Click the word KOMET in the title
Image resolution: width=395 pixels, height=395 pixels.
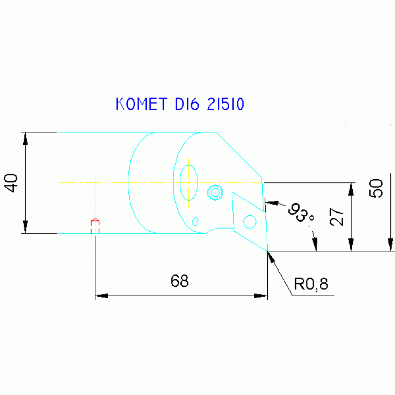click(141, 104)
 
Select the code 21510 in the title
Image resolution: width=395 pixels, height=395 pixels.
click(226, 104)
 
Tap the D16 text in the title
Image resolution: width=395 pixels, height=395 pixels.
click(187, 104)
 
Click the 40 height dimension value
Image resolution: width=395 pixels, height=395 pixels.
click(11, 183)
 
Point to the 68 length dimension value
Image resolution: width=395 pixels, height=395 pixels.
click(179, 281)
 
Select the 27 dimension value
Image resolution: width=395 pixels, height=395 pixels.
click(337, 217)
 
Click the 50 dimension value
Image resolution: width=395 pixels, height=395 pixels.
click(375, 188)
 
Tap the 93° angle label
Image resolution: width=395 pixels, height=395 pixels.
click(301, 212)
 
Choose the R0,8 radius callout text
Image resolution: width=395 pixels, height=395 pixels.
click(311, 284)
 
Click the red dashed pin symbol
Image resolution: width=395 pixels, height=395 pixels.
click(95, 226)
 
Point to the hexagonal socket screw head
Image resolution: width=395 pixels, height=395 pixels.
click(215, 193)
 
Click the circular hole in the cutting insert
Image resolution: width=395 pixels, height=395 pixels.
click(250, 222)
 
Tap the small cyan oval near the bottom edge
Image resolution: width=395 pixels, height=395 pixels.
click(195, 221)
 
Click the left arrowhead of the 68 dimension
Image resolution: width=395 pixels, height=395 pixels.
click(102, 296)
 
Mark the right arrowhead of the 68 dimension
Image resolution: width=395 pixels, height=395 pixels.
click(261, 296)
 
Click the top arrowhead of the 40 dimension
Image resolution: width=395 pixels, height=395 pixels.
click(25, 139)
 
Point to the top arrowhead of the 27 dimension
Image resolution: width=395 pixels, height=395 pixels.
click(351, 190)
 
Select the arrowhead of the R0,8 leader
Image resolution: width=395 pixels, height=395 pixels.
click(271, 256)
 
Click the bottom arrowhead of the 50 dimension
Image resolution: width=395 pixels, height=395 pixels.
click(390, 245)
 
